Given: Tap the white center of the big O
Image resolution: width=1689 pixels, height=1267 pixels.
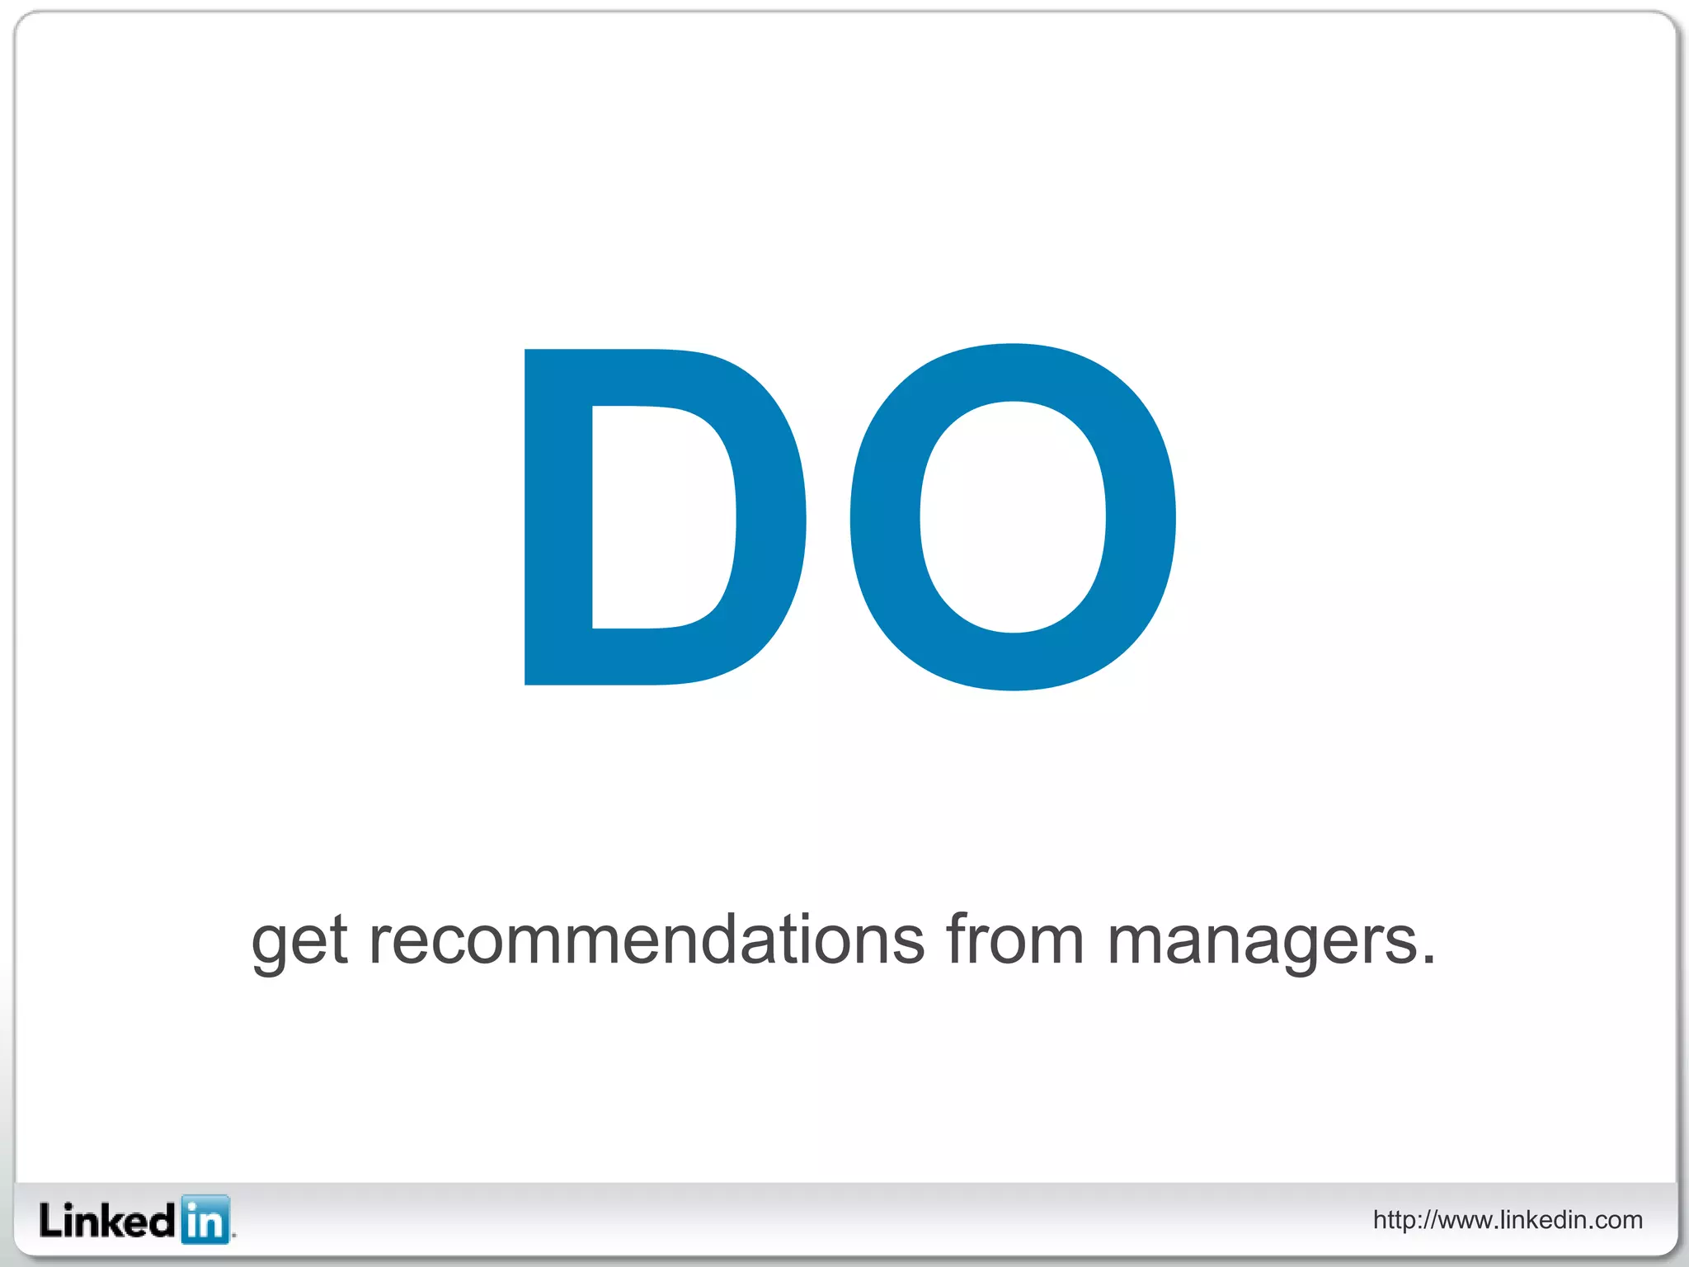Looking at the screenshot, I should [x=1013, y=517].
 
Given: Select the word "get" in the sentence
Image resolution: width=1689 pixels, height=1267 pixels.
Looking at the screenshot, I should [x=299, y=942].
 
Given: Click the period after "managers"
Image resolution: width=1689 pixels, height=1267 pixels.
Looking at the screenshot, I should [x=1428, y=959].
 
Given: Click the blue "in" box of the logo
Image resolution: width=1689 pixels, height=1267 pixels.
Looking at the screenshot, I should [x=205, y=1219].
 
